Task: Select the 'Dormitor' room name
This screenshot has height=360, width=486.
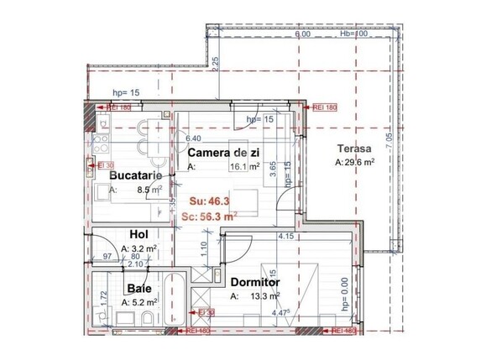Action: click(x=254, y=283)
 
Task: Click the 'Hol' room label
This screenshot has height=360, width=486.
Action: click(x=138, y=235)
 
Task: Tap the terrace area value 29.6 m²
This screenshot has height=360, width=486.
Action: click(x=359, y=163)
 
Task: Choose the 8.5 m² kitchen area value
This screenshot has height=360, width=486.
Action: click(x=149, y=190)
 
